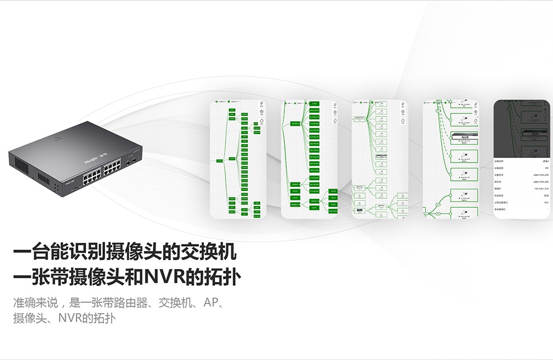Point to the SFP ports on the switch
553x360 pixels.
131,162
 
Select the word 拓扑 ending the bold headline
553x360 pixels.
222,277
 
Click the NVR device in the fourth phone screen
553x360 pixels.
464,137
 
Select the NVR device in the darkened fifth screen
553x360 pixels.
534,134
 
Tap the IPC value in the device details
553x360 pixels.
546,167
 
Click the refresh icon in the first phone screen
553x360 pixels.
261,121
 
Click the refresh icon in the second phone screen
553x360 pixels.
334,121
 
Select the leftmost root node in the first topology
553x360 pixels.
220,161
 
